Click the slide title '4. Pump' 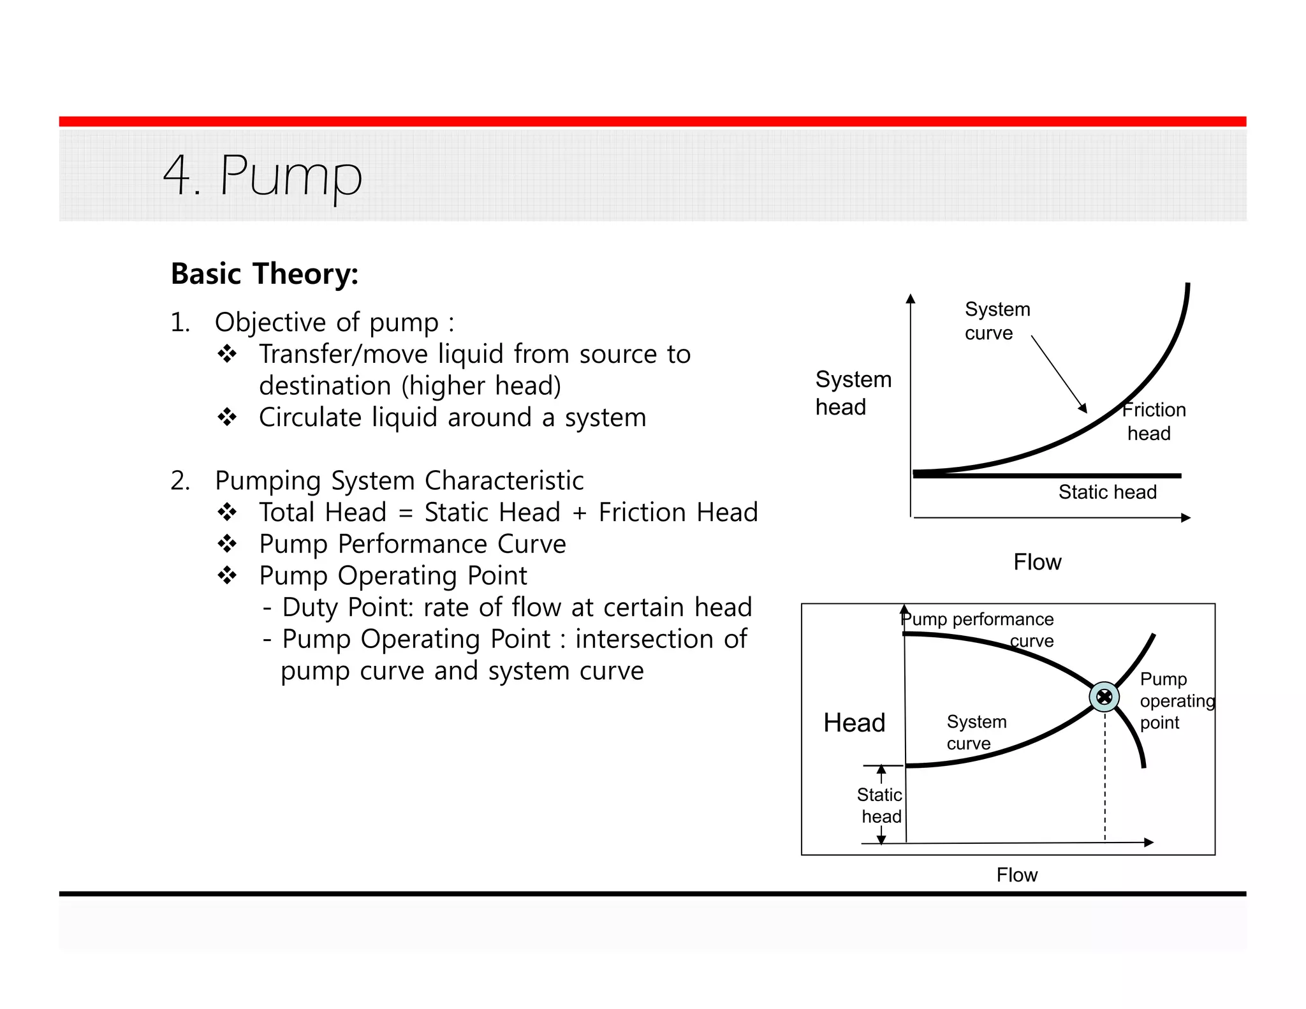coord(262,175)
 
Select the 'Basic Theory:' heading coord(265,274)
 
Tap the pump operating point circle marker coord(1104,696)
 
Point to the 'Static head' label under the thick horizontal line coord(1107,492)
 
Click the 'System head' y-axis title coord(853,393)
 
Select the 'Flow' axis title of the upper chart coord(1037,562)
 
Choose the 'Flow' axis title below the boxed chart coord(1016,874)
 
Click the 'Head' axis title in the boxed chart coord(854,723)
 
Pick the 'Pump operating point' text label coord(1176,700)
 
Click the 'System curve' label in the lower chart coord(976,732)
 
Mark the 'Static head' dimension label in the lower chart coord(880,805)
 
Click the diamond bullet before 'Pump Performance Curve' coord(227,544)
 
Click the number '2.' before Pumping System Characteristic coord(180,481)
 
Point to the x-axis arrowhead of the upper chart coord(1186,518)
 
